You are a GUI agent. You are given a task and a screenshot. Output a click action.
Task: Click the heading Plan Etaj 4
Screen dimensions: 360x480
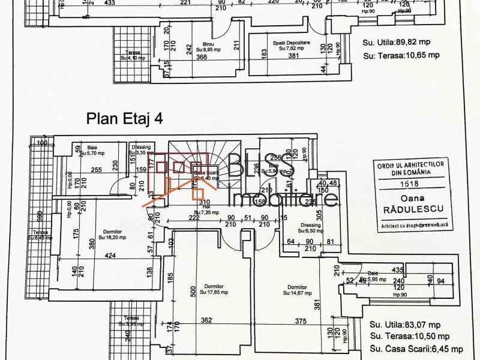[x=125, y=118]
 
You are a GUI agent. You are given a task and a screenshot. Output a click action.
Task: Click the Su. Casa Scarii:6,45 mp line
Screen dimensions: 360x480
[x=416, y=349]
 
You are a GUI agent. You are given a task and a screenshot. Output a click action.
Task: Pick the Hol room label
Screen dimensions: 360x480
[x=197, y=208]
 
